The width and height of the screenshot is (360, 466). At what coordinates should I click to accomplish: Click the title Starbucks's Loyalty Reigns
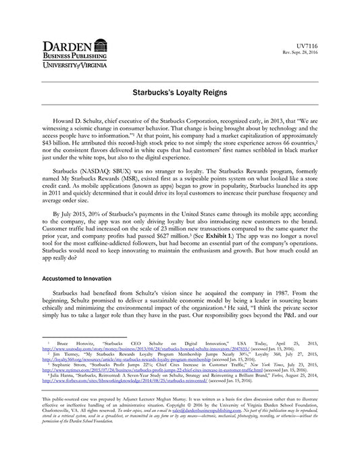(180, 90)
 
